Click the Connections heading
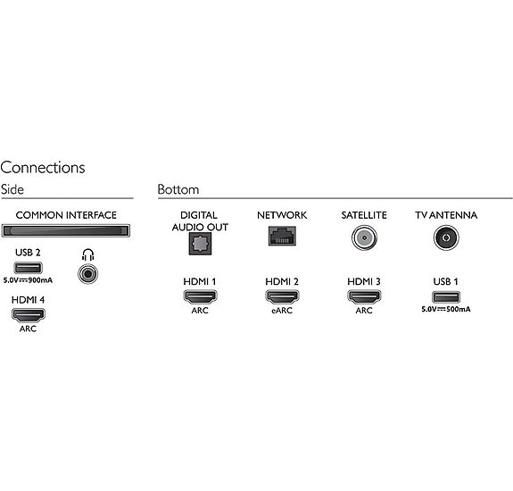click(43, 168)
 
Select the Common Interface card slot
click(66, 230)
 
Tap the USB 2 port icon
click(29, 268)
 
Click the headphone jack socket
click(88, 274)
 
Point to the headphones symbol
click(88, 254)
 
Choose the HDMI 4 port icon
click(29, 315)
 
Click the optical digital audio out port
click(200, 244)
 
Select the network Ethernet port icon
click(282, 236)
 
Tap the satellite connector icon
click(364, 237)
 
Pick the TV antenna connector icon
click(446, 237)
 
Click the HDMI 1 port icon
click(200, 296)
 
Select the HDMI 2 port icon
click(282, 296)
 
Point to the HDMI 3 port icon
click(364, 296)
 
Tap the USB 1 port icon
click(446, 297)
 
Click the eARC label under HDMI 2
click(282, 311)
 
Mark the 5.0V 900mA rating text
click(28, 280)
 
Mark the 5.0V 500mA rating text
click(446, 309)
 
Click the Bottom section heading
click(178, 189)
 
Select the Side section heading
click(12, 189)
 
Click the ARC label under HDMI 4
click(29, 329)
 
